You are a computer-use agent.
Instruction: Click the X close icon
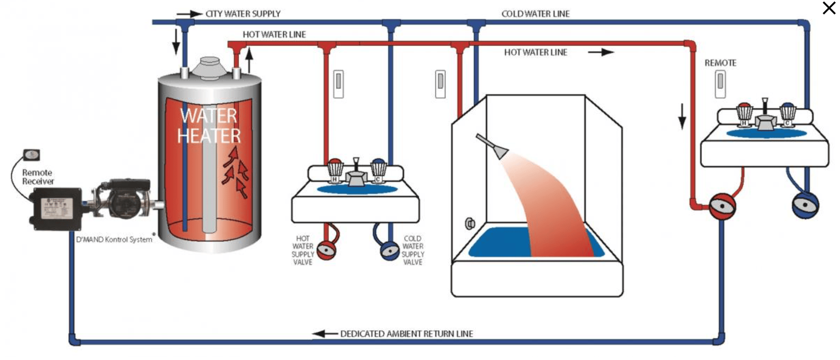tap(829, 8)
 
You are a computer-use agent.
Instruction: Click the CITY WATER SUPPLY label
tap(243, 14)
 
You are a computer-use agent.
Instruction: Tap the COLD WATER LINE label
tap(535, 14)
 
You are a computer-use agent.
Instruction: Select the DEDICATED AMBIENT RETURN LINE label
tap(406, 334)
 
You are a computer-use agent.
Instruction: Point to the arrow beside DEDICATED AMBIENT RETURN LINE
tap(325, 334)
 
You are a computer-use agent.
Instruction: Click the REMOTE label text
tap(720, 63)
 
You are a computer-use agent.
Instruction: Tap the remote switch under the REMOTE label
tap(720, 84)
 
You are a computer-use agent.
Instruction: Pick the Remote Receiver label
tap(37, 177)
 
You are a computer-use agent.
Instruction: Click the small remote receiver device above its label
tap(31, 155)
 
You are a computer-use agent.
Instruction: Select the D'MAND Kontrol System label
tap(114, 239)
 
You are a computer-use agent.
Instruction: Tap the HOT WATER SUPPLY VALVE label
tap(303, 250)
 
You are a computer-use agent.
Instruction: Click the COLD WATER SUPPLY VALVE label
tap(413, 250)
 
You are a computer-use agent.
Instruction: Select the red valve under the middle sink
tap(326, 250)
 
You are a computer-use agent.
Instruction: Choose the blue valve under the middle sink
tap(389, 251)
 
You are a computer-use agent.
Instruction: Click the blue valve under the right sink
tap(805, 205)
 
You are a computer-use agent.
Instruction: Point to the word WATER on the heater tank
tap(208, 115)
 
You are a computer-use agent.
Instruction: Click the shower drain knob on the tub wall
tap(470, 224)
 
